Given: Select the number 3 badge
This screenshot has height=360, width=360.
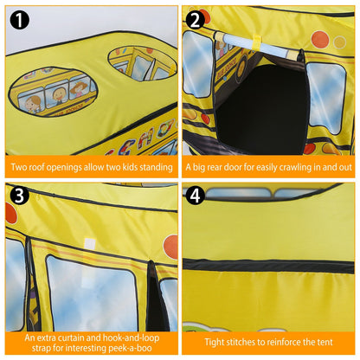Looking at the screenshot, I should (20, 196).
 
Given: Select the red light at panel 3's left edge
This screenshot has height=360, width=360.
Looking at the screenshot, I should (11, 211).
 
